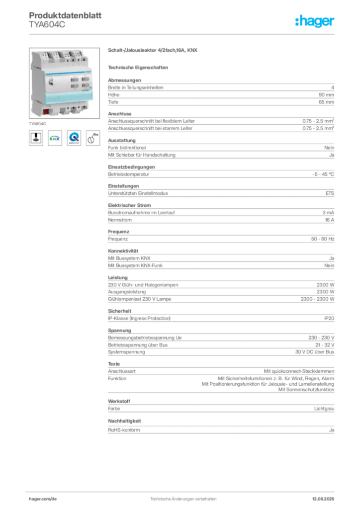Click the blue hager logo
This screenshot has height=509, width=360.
pyautogui.click(x=315, y=21)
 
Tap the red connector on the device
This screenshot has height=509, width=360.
pyautogui.click(x=46, y=112)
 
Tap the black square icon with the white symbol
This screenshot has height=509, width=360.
pyautogui.click(x=36, y=139)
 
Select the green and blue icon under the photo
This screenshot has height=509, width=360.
pyautogui.click(x=55, y=139)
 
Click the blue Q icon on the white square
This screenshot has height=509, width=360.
pyautogui.click(x=74, y=139)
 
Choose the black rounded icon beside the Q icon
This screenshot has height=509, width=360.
pyautogui.click(x=92, y=138)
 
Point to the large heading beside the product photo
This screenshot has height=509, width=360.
pyautogui.click(x=153, y=51)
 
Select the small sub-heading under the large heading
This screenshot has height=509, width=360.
pyautogui.click(x=139, y=67)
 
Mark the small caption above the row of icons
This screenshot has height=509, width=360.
pyautogui.click(x=38, y=122)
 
